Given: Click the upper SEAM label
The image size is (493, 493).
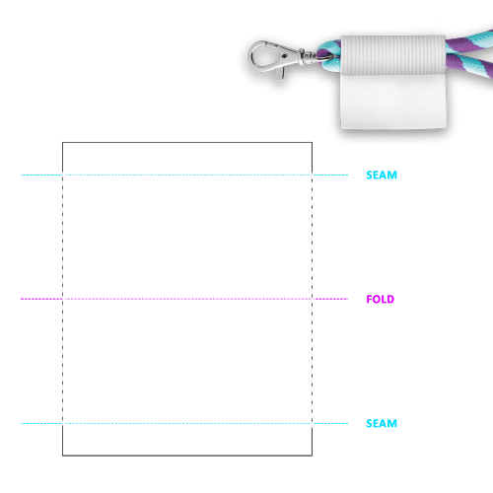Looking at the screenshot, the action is coord(382,175).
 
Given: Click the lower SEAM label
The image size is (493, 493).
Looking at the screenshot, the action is coord(382,423).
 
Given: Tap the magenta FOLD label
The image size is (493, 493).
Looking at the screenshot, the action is coord(381,299).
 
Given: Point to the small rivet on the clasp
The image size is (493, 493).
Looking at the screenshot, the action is coord(284,56).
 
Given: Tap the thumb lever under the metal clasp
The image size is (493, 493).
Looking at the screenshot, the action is coord(279,73).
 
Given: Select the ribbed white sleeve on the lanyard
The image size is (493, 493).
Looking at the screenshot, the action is coord(393,55).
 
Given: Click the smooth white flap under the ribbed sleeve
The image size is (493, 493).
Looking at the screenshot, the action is coord(393,102).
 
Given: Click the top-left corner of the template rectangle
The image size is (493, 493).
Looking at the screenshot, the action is coord(62,142).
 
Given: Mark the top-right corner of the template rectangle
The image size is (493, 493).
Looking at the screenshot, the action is coord(312,142).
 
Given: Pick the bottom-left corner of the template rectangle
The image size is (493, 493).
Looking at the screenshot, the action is coord(62,456).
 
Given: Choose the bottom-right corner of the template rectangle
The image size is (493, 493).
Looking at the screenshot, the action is coord(312,456).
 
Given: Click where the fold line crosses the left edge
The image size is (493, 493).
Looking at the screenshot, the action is coord(62,299).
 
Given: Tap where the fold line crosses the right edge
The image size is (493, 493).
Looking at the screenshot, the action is coord(312,299).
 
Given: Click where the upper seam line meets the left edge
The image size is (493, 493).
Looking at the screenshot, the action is coord(62,175).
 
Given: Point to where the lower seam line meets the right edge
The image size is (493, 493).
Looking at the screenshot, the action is coord(312,423).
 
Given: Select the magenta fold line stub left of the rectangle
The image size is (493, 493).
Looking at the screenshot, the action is coord(41,299).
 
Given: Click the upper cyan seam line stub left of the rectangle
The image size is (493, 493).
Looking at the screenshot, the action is coord(41,175).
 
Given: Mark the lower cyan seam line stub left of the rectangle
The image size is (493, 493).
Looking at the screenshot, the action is coord(41,423).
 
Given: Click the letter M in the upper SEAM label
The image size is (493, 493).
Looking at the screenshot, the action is coord(392,175).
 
